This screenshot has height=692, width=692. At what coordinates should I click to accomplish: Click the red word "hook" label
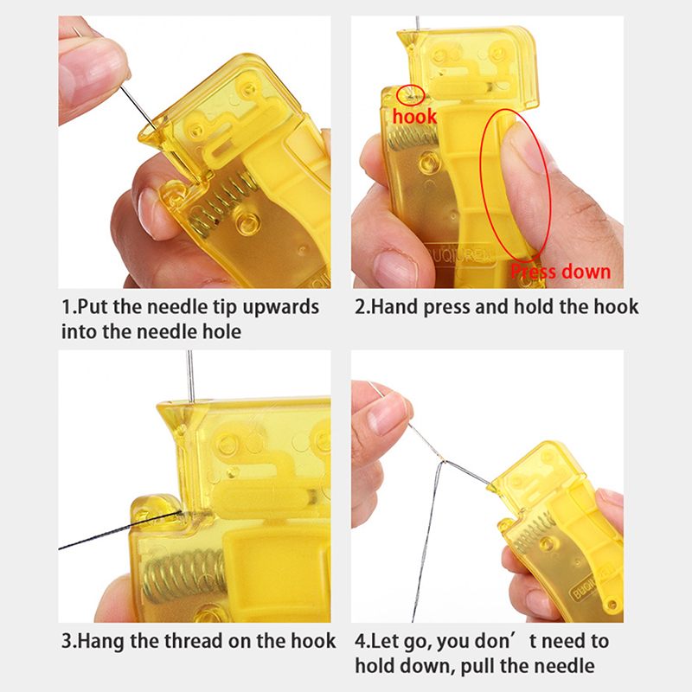tap(414, 117)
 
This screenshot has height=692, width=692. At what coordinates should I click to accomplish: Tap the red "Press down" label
tap(561, 272)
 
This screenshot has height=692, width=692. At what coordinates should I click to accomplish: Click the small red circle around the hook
tap(411, 95)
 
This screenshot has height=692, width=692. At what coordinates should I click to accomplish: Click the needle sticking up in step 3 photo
tap(190, 376)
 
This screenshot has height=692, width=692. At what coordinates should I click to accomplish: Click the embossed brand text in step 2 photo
tap(460, 255)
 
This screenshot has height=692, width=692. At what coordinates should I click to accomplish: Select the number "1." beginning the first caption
tap(69, 307)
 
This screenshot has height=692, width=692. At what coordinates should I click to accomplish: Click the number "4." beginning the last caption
tap(362, 641)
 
